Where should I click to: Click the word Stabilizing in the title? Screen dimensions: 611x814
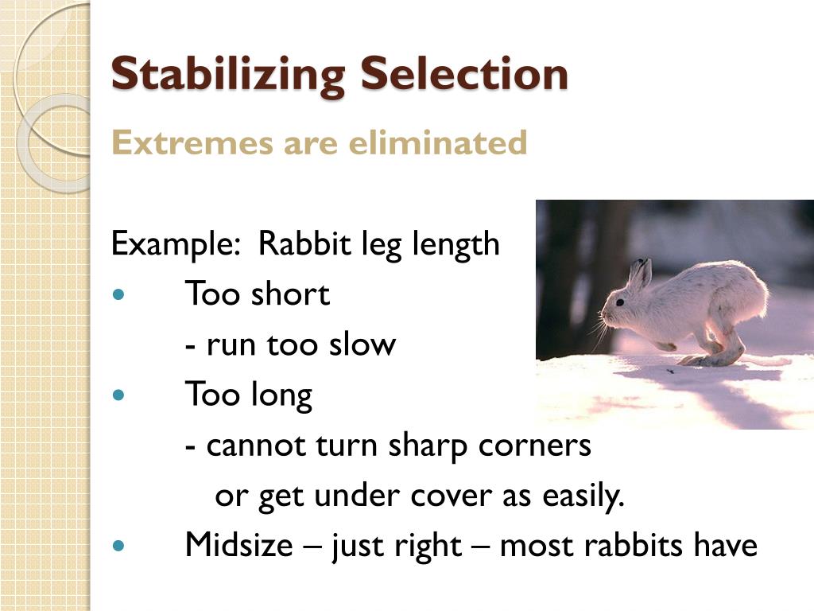coord(227,75)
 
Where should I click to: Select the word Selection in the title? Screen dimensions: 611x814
coord(464,73)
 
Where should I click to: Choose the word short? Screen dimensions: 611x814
coord(290,294)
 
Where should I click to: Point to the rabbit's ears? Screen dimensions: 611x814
coord(639,274)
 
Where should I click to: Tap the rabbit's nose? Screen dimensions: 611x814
coord(603,313)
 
